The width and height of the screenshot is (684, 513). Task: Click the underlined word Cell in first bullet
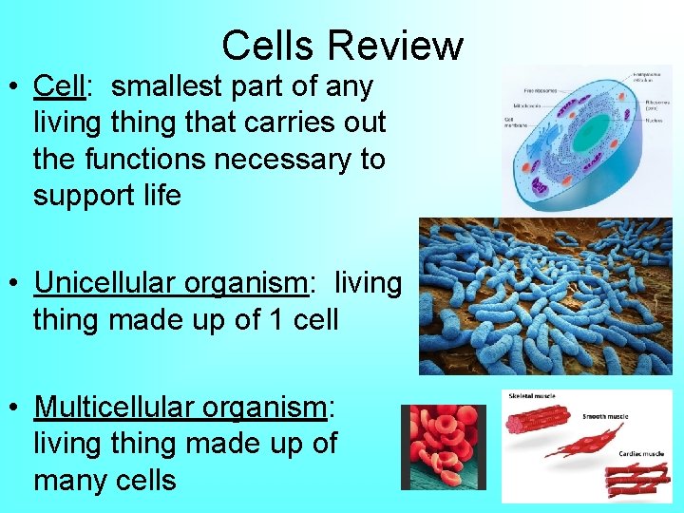pyautogui.click(x=59, y=86)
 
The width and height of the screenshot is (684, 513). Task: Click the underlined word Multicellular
pyautogui.click(x=114, y=408)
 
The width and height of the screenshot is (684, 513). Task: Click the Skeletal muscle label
pyautogui.click(x=535, y=396)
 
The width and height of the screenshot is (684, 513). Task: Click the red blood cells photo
pyautogui.click(x=443, y=446)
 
